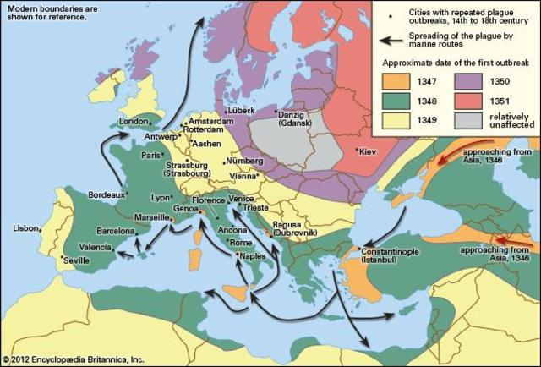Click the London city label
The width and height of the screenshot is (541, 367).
pyautogui.click(x=134, y=121)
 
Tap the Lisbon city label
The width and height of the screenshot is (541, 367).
pyautogui.click(x=25, y=228)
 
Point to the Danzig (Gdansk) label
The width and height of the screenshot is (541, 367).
pyautogui.click(x=294, y=118)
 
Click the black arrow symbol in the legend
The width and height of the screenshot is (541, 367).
pyautogui.click(x=391, y=39)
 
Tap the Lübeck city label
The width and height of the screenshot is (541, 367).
pyautogui.click(x=241, y=112)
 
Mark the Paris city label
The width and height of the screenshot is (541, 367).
pyautogui.click(x=151, y=156)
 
